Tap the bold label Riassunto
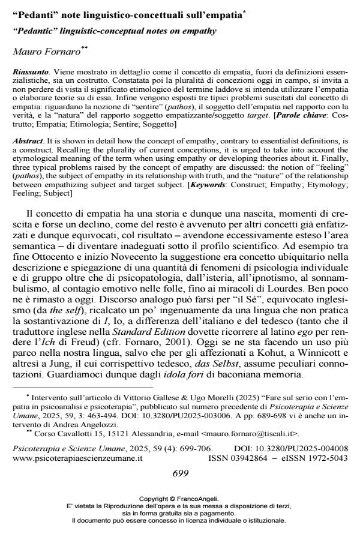[30, 71]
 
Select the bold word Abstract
[29, 140]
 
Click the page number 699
[180, 473]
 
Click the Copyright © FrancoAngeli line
[179, 499]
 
